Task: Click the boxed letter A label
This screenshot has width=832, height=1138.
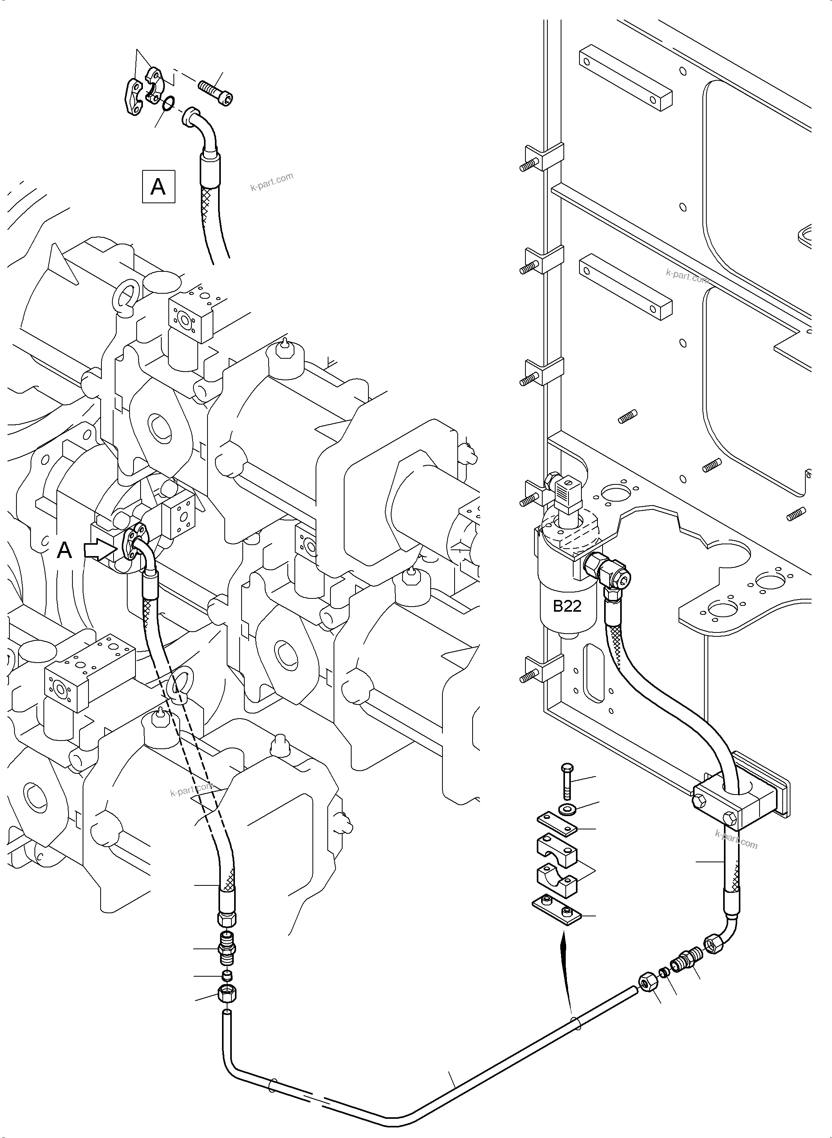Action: coord(158,187)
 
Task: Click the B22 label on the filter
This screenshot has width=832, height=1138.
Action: coord(567,606)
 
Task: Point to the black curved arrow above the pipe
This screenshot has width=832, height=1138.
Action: coord(566,972)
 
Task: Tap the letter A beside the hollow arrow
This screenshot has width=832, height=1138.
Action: coord(65,551)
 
